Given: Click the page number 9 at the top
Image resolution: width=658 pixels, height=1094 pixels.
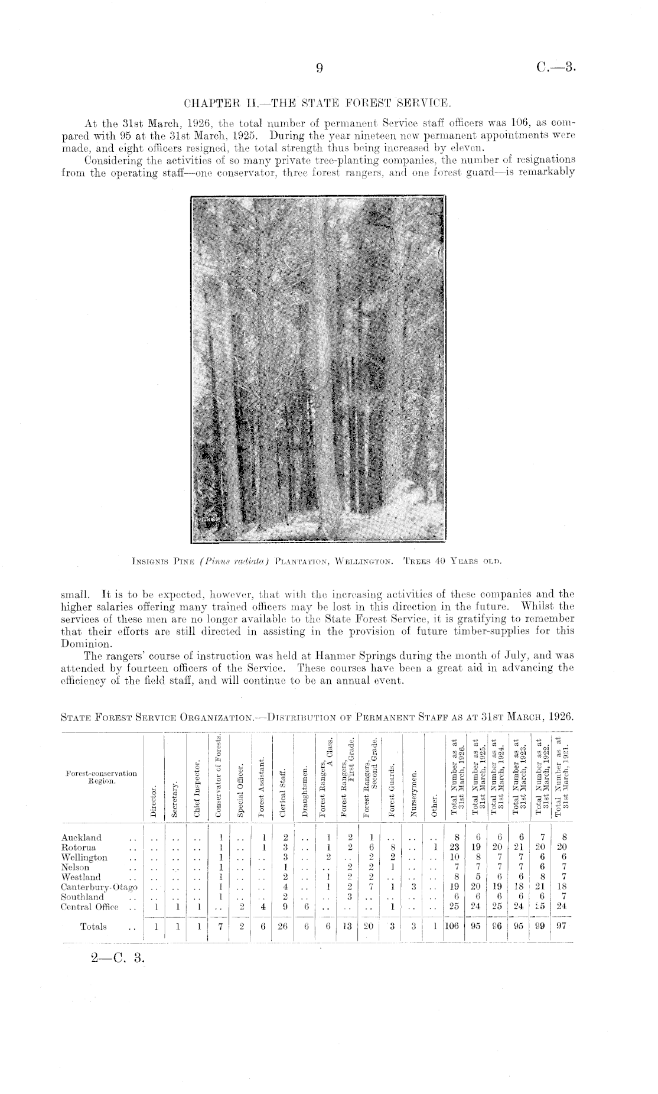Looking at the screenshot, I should pos(319,69).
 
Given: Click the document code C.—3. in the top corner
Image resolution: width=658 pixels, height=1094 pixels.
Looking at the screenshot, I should pos(556,68).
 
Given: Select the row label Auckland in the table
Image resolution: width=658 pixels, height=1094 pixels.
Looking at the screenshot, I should pos(82,837).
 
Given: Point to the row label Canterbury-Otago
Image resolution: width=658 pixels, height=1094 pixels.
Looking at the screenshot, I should pos(99,887).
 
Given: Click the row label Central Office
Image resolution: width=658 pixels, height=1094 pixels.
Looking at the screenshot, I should pos(90,907).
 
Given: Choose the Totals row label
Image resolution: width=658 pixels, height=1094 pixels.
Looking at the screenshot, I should pos(93,926).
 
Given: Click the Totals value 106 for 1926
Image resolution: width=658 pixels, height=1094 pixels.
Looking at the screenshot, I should pos(452,926).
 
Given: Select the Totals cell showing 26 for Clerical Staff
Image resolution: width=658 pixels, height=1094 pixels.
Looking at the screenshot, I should pos(285,926).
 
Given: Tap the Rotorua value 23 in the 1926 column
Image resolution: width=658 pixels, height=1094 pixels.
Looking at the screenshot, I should pos(453,848).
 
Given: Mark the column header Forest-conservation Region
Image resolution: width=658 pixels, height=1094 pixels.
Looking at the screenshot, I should pos(99,777).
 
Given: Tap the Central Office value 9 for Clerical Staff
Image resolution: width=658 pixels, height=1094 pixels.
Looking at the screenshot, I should pos(285,907).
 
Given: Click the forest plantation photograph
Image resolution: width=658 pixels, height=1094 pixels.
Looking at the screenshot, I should pos(318,369).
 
